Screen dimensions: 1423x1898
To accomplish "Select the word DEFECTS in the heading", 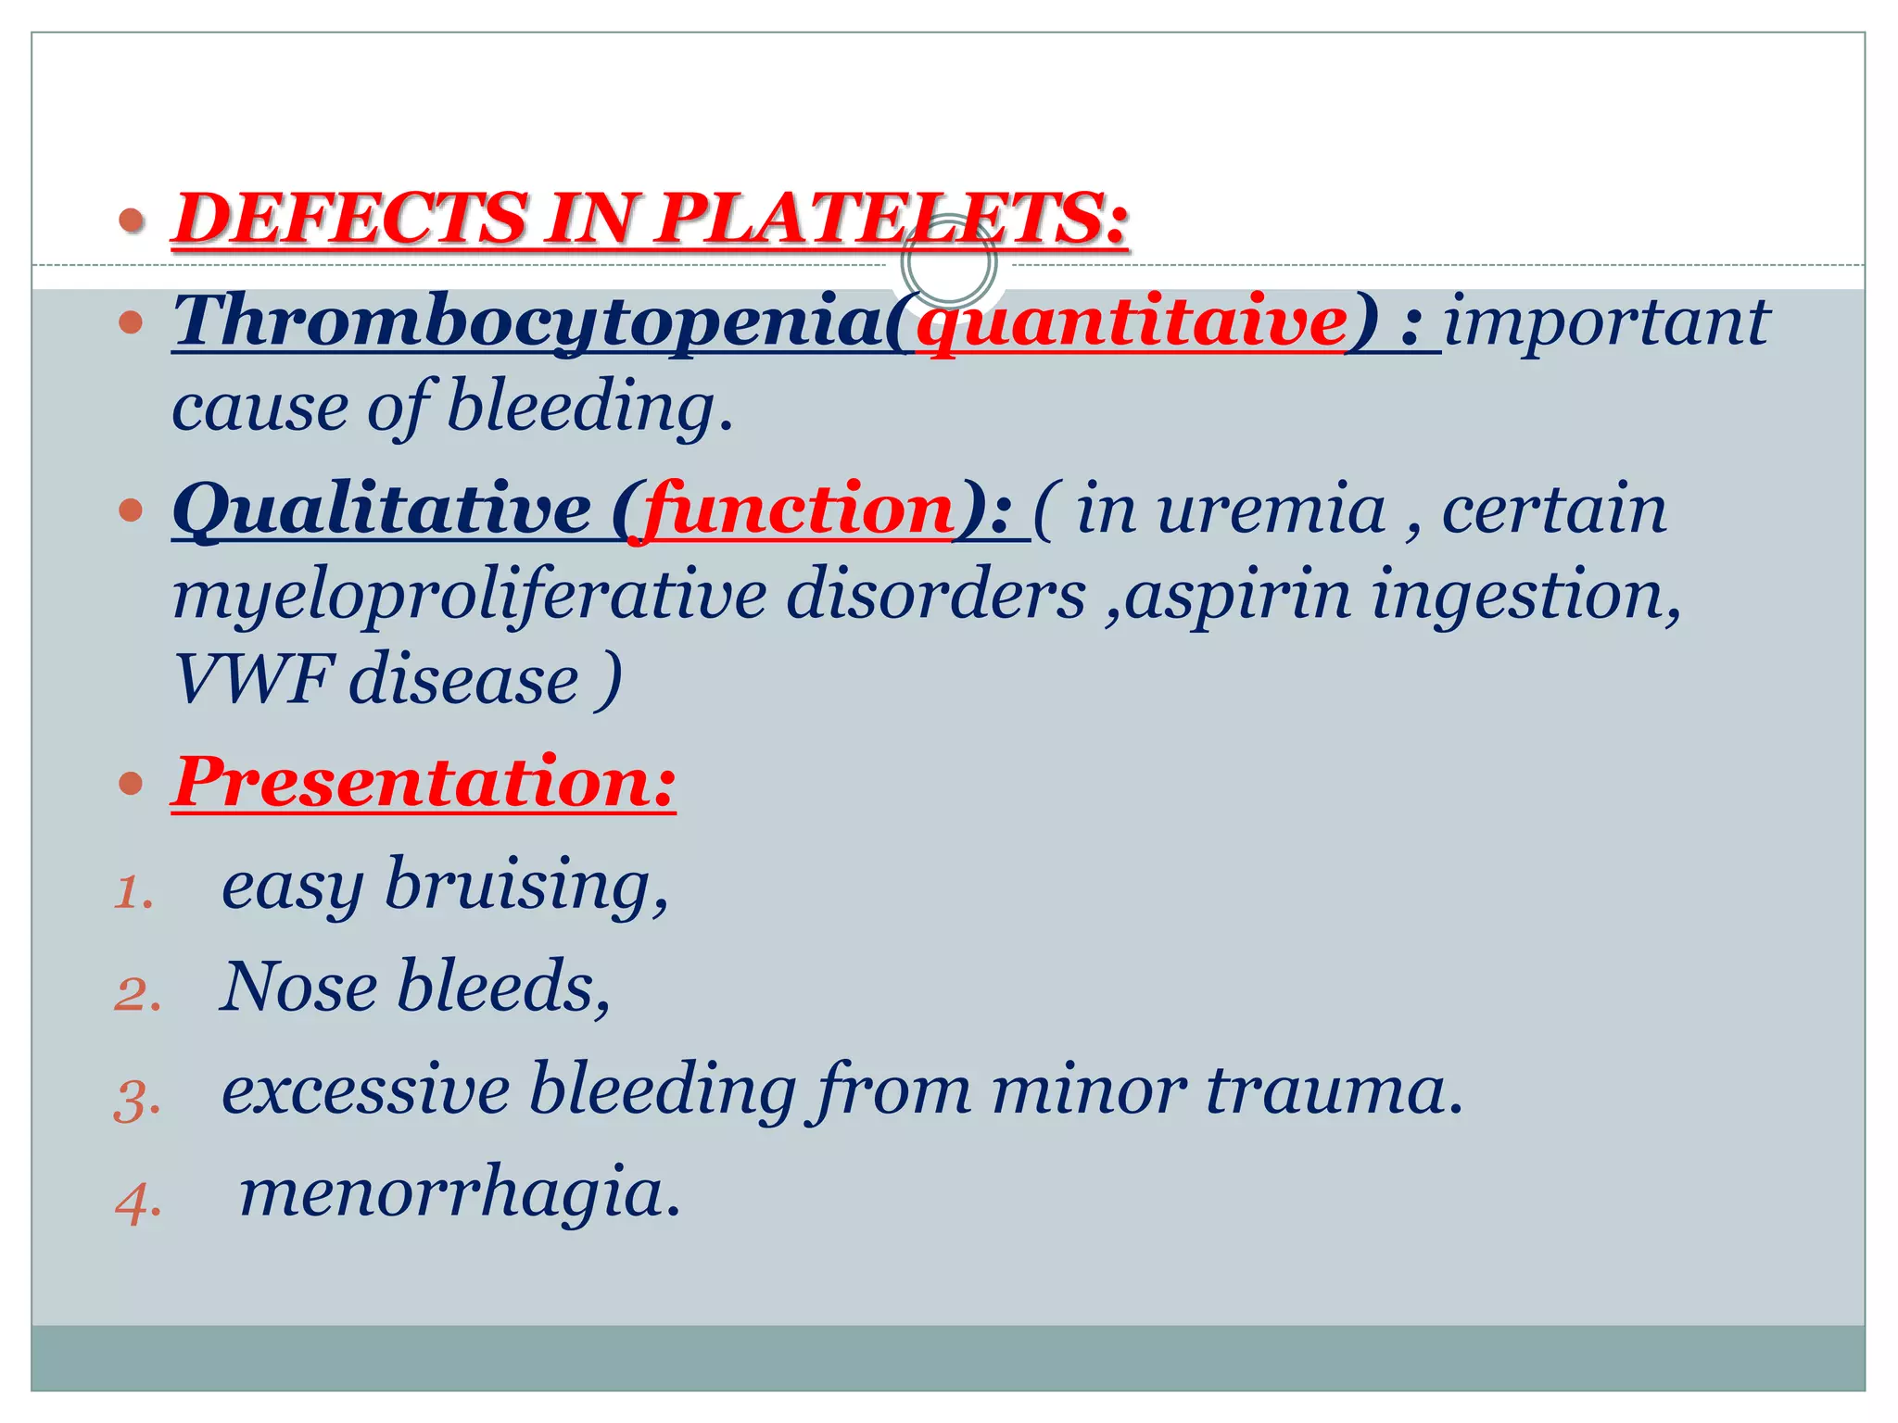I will pos(350,219).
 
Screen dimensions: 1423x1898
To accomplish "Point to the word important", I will pos(1607,321).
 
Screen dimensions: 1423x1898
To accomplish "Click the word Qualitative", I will pos(382,510).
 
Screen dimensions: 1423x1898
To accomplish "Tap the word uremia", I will pos(1272,510).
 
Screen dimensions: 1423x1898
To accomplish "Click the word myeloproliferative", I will pos(469,595).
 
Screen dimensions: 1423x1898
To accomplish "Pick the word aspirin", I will pos(1238,595).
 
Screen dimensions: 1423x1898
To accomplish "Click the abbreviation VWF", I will pos(252,679).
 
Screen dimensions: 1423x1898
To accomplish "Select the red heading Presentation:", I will pos(424,783).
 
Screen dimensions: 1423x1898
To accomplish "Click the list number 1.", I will pos(133,894).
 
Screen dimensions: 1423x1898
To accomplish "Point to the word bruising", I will pos(525,885).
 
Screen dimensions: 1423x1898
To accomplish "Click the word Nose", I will pos(298,987).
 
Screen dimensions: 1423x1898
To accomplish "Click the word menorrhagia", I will pos(460,1193).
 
